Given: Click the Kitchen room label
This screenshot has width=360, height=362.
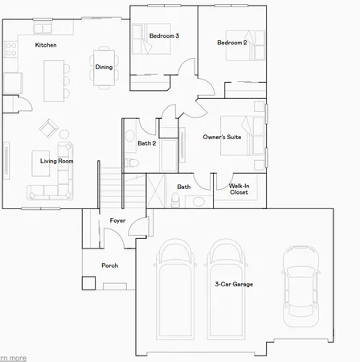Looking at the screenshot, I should click(46, 46).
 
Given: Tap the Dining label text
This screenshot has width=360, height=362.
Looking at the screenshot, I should click(104, 67).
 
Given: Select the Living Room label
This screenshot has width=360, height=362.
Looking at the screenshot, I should click(57, 161).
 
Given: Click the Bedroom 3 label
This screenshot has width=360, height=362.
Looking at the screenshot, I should click(164, 36).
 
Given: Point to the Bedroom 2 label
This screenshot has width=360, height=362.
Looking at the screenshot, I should click(231, 42).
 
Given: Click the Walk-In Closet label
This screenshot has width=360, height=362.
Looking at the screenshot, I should click(239, 190).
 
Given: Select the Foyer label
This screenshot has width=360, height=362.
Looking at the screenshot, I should click(117, 220).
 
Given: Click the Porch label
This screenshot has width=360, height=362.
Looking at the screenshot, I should click(110, 265).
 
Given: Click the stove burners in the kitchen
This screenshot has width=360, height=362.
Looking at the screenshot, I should click(10, 52).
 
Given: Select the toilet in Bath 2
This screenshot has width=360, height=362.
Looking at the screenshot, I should click(134, 162).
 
